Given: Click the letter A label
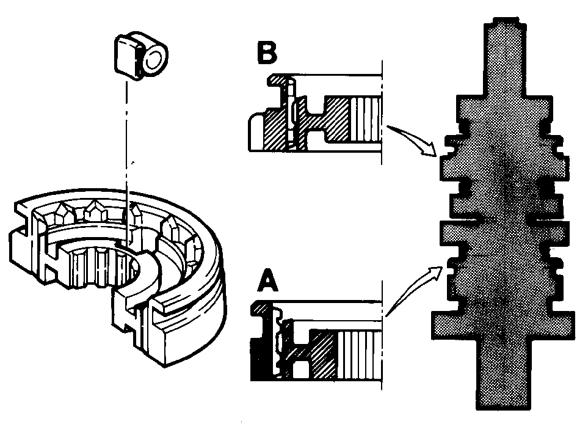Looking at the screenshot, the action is pyautogui.click(x=268, y=280).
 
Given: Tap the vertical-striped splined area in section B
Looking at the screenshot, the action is pyautogui.click(x=366, y=120).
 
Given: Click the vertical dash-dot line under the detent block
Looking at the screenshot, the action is pyautogui.click(x=126, y=162).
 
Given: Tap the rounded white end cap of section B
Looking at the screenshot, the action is pyautogui.click(x=256, y=132).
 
